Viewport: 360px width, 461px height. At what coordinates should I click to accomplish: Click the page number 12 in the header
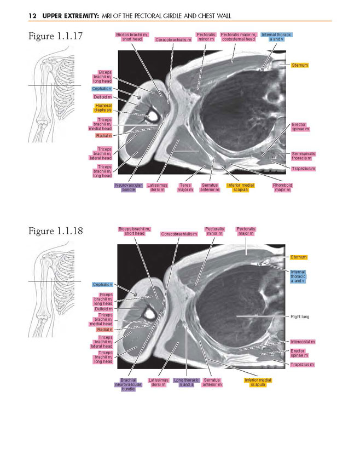[x=32, y=16]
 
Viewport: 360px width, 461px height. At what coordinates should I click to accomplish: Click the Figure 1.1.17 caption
[x=56, y=36]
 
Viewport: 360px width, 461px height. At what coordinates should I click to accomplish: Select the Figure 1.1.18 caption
[x=56, y=231]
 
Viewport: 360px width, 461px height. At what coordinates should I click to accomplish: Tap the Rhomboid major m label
[x=282, y=188]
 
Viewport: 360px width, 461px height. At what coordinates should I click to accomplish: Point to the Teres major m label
[x=185, y=188]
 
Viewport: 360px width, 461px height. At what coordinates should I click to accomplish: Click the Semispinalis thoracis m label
[x=303, y=156]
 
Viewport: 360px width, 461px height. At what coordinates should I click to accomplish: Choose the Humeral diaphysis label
[x=103, y=108]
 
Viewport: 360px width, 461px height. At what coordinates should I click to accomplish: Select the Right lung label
[x=300, y=316]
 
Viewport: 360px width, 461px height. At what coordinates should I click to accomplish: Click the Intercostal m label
[x=303, y=342]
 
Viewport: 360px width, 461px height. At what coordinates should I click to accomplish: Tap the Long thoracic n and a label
[x=187, y=382]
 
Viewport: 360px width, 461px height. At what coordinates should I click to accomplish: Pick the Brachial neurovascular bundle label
[x=128, y=384]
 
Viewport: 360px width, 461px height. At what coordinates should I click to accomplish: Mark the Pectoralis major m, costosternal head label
[x=239, y=37]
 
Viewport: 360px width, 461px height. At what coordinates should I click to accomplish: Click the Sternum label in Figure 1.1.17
[x=300, y=65]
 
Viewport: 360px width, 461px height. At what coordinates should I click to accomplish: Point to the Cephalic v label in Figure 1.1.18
[x=102, y=285]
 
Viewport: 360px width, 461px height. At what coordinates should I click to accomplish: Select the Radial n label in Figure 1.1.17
[x=104, y=136]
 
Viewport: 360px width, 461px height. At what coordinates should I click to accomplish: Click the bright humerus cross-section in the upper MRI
[x=153, y=117]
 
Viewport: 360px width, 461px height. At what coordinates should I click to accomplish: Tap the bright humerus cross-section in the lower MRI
[x=150, y=315]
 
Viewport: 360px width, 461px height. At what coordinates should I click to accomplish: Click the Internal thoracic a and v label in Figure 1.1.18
[x=298, y=276]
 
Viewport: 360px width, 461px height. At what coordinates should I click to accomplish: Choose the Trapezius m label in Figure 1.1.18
[x=302, y=365]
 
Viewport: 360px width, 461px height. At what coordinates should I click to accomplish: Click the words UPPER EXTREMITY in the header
[x=71, y=16]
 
